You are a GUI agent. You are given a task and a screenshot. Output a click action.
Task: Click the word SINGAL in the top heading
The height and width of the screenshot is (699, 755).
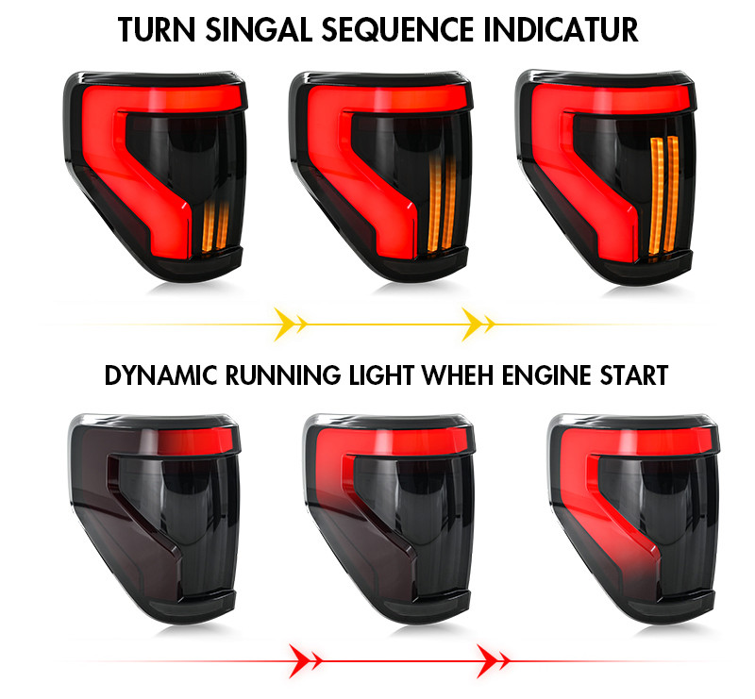[x=260, y=30]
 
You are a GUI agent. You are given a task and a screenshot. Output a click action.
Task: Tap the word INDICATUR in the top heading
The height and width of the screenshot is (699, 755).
[x=561, y=30]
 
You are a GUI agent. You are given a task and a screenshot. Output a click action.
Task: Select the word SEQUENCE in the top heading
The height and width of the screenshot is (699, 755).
[x=398, y=30]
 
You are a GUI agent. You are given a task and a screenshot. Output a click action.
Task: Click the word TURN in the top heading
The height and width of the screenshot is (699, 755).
[x=157, y=30]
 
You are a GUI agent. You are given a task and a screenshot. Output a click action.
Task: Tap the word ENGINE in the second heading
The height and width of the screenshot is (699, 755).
[x=546, y=375]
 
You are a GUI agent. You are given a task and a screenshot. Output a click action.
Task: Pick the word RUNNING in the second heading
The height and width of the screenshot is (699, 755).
[x=283, y=375]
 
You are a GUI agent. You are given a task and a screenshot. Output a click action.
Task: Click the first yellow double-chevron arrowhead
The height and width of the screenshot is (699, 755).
[x=291, y=324]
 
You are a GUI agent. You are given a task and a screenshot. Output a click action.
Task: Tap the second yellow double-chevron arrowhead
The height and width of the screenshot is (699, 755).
[x=478, y=324]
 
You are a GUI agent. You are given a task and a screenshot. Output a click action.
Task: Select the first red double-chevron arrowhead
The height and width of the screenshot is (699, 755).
[x=305, y=661]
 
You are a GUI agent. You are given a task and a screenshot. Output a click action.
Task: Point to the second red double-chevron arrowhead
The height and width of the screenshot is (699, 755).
[x=493, y=661]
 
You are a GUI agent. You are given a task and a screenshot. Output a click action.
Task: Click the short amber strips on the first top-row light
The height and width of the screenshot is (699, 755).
[x=215, y=226]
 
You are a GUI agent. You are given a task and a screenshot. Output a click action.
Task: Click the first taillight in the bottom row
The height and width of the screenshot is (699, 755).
[x=154, y=519]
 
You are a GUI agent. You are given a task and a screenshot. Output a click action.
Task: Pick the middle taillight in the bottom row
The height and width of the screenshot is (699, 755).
[x=389, y=519]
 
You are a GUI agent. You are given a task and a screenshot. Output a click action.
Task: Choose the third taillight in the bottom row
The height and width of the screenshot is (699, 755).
[x=633, y=519]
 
